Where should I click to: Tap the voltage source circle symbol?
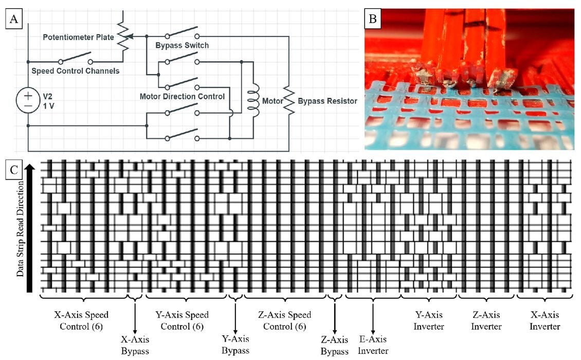[28, 100]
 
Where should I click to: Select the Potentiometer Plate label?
[79, 37]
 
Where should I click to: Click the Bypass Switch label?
[182, 46]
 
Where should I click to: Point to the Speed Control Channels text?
[76, 70]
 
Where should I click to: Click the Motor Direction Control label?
[182, 96]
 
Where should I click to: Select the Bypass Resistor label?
[327, 101]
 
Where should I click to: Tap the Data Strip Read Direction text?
[21, 228]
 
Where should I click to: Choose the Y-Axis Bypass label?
[235, 344]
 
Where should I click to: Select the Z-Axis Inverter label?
[486, 319]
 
